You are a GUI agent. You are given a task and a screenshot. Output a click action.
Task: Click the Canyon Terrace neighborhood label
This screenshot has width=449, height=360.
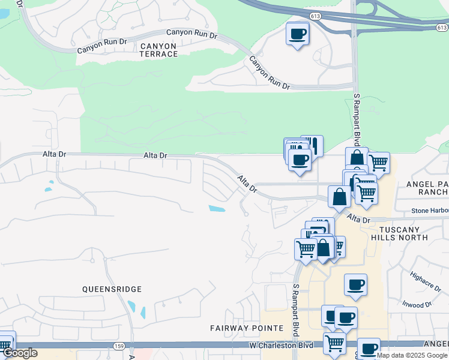coord(159,50)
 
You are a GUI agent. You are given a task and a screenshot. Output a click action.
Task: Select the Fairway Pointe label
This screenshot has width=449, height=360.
coord(246,328)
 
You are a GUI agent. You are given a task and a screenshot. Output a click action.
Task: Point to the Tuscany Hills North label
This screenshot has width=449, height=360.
coord(403,233)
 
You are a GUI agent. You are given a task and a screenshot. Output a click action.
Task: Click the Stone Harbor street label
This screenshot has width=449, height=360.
coord(429,211)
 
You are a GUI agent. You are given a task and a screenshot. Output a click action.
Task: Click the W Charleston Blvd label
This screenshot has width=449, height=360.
coord(282,346)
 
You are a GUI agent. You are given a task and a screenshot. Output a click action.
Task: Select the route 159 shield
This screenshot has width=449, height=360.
coord(119,346)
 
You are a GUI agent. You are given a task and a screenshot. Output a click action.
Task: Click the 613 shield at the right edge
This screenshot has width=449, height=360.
coord(442,28)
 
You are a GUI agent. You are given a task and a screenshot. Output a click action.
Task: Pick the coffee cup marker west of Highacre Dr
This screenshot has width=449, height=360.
coord(355,284)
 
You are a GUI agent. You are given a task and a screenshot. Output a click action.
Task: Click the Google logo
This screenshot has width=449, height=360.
coord(20,353)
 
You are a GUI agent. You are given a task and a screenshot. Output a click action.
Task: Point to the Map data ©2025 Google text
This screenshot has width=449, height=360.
coord(412,355)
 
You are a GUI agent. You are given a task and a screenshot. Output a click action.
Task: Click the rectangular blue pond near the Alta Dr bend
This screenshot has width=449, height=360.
coord(217,209)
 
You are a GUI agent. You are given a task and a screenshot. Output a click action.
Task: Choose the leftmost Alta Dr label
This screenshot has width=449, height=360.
coord(54,154)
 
